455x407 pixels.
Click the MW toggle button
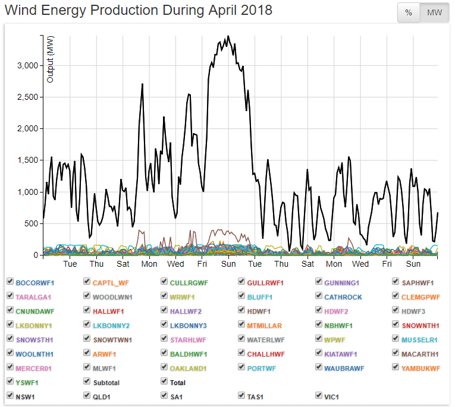pyautogui.click(x=434, y=12)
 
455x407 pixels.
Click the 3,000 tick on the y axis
pyautogui.click(x=27, y=65)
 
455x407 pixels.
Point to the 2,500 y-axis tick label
pyautogui.click(x=27, y=97)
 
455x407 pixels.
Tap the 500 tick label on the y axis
pyautogui.click(x=32, y=223)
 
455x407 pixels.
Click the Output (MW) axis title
pyautogui.click(x=51, y=59)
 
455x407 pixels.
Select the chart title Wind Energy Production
pyautogui.click(x=138, y=10)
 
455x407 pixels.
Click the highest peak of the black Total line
pyautogui.click(x=228, y=36)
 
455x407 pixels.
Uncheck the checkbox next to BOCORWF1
pyautogui.click(x=10, y=282)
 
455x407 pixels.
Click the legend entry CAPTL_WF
pyautogui.click(x=111, y=282)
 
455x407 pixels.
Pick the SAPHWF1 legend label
pyautogui.click(x=418, y=282)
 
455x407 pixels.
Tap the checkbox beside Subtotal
pyautogui.click(x=87, y=382)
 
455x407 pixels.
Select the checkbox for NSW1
pyautogui.click(x=10, y=395)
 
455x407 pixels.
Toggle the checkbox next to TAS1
pyautogui.click(x=241, y=395)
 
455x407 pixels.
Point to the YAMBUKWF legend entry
pyautogui.click(x=421, y=368)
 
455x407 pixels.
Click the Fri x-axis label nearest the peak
pyautogui.click(x=202, y=264)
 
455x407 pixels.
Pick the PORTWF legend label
pyautogui.click(x=263, y=368)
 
